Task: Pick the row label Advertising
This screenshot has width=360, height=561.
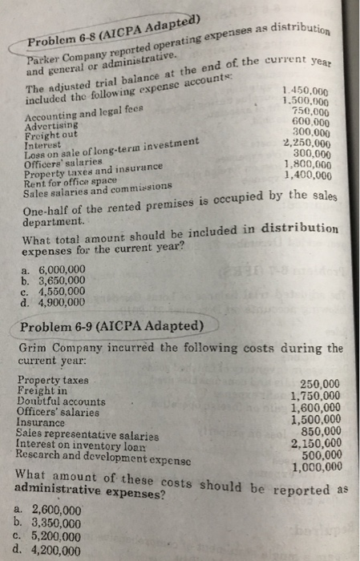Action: tap(49, 127)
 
